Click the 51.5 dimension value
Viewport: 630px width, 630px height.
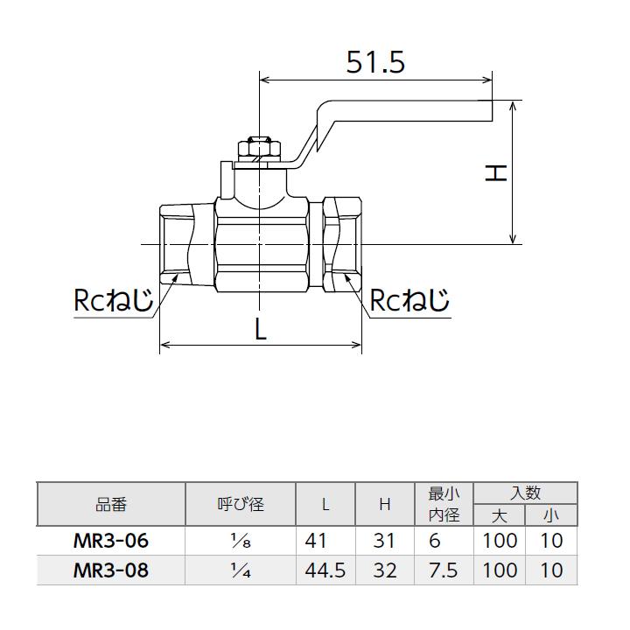[376, 62]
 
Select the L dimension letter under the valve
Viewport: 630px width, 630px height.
[260, 330]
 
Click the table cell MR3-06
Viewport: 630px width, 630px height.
[111, 541]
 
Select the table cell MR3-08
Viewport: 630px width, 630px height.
[111, 570]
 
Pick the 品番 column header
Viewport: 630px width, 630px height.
[111, 504]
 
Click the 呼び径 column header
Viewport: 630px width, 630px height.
[240, 504]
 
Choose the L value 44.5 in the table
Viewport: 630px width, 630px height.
[325, 570]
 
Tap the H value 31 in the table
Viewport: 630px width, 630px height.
[384, 541]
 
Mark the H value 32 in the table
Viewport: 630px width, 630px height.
[384, 570]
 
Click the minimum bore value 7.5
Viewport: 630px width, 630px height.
[444, 570]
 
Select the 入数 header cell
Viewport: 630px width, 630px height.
[525, 493]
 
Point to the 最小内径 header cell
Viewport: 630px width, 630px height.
[444, 504]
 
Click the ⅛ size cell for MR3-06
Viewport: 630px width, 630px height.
[240, 541]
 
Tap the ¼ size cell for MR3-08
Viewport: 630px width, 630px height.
[240, 570]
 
